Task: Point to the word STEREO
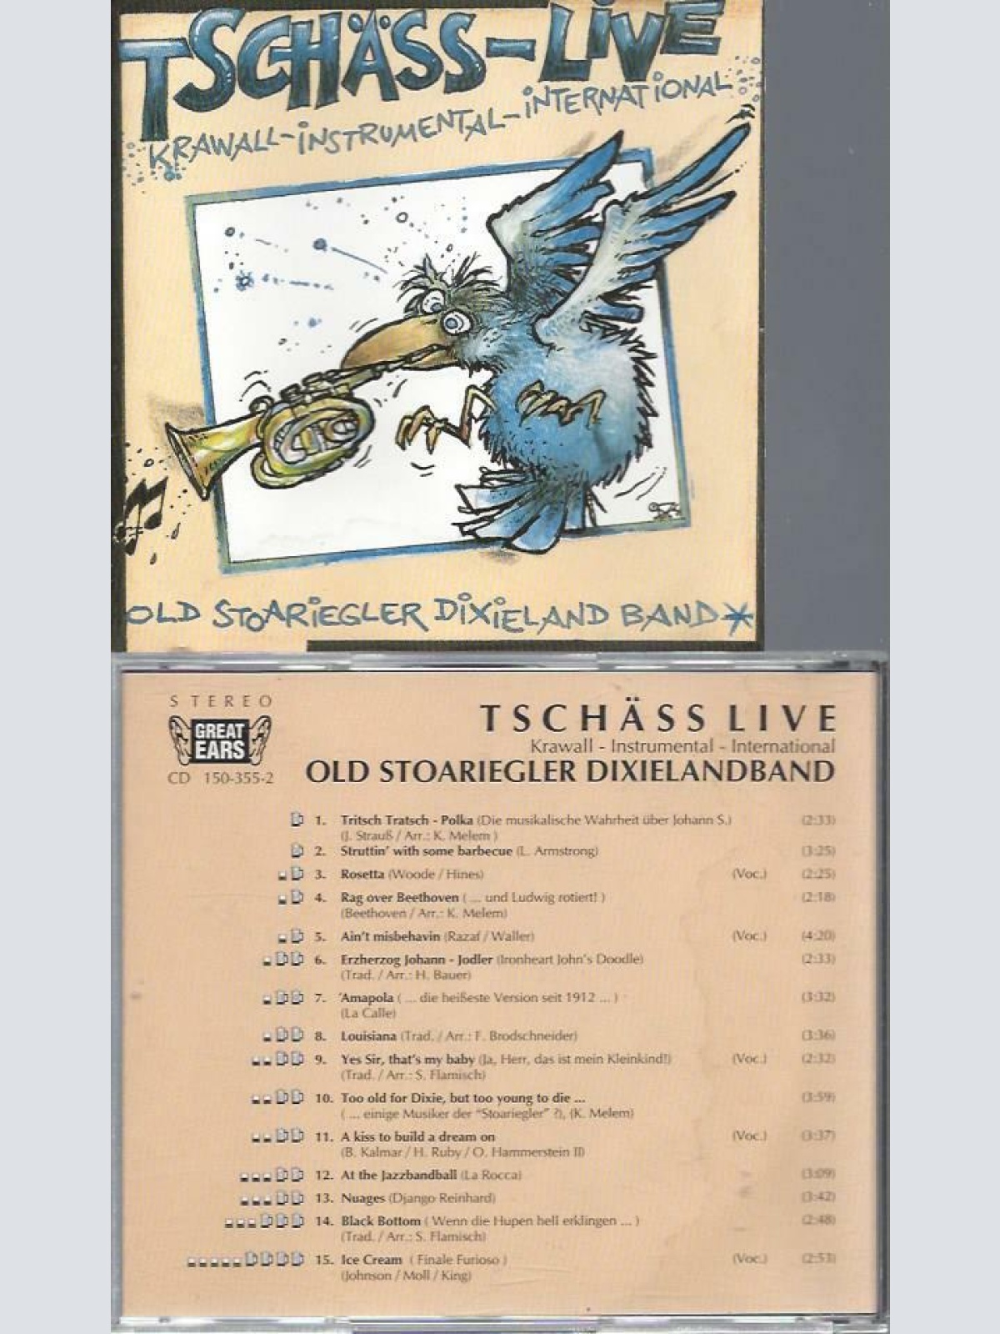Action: coord(221,702)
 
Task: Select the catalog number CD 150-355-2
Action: coord(221,778)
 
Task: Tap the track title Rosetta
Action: coord(362,874)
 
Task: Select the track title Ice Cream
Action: coord(372,1260)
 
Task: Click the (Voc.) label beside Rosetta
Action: coord(748,874)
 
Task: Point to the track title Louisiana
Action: coord(369,1036)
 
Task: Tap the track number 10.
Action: coord(323,1098)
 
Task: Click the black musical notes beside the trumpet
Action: coord(143,511)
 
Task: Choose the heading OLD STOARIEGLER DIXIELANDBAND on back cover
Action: coord(570,771)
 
